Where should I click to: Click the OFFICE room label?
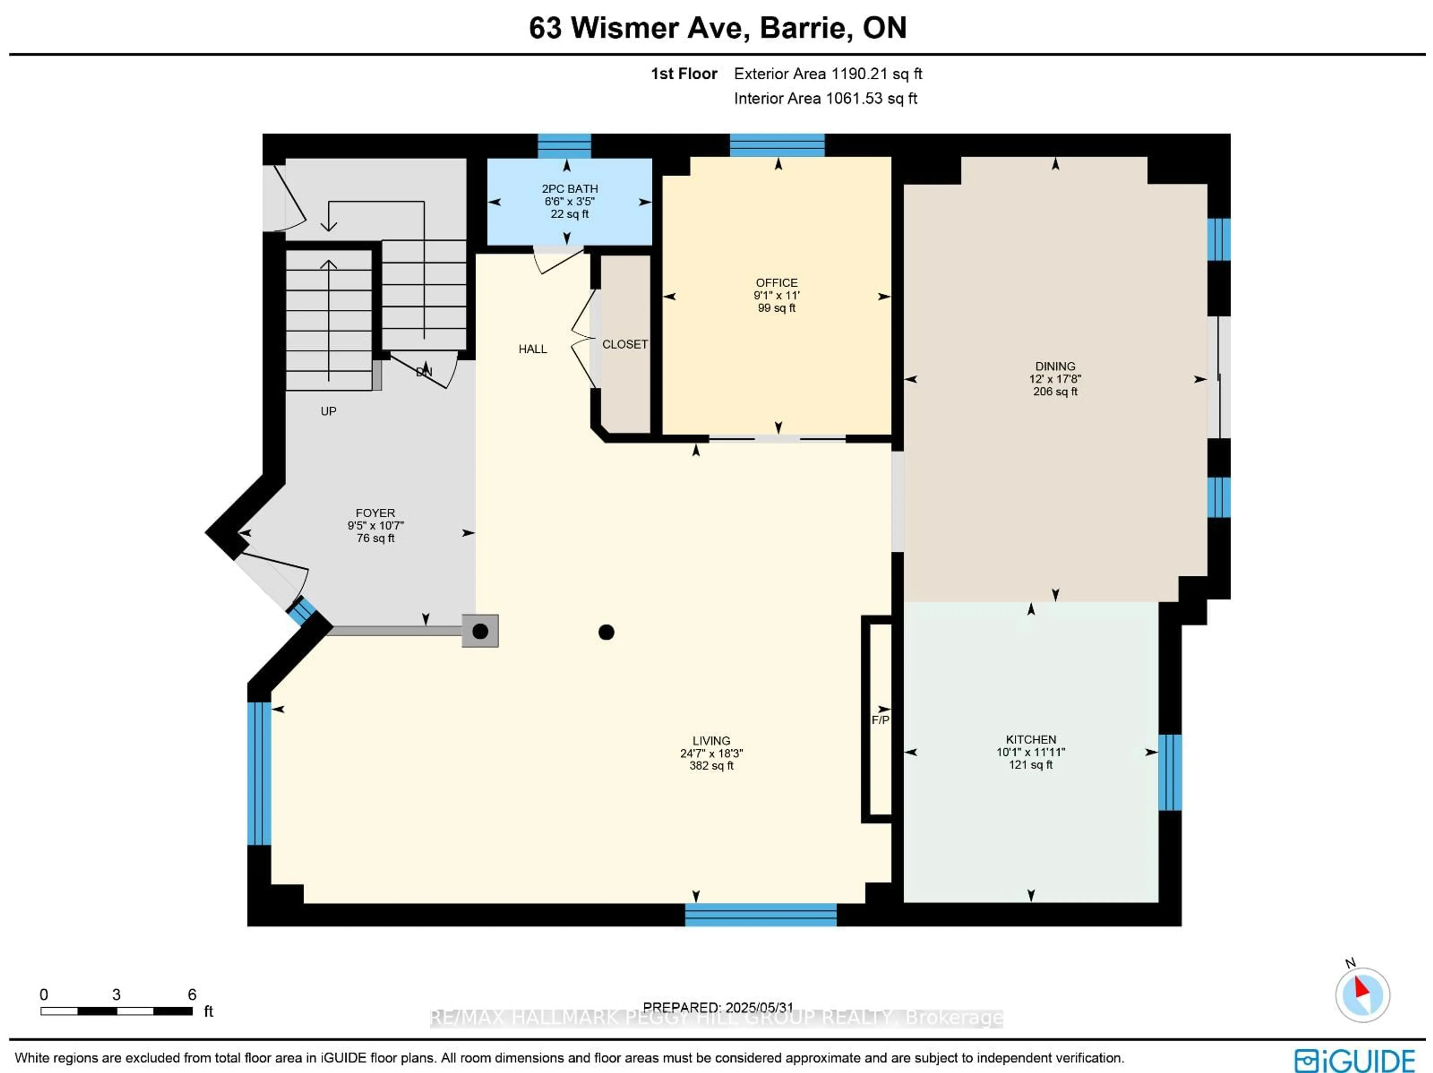(x=776, y=283)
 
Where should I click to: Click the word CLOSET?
(x=624, y=344)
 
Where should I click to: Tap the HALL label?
(x=533, y=349)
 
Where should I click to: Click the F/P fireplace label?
(x=880, y=720)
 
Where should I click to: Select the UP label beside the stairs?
(x=328, y=411)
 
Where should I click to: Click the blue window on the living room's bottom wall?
(x=761, y=914)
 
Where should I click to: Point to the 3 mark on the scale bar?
(x=116, y=995)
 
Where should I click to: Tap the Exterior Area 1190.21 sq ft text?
(x=827, y=74)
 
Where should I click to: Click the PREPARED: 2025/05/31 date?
(x=718, y=1007)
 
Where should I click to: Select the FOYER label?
(x=375, y=512)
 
